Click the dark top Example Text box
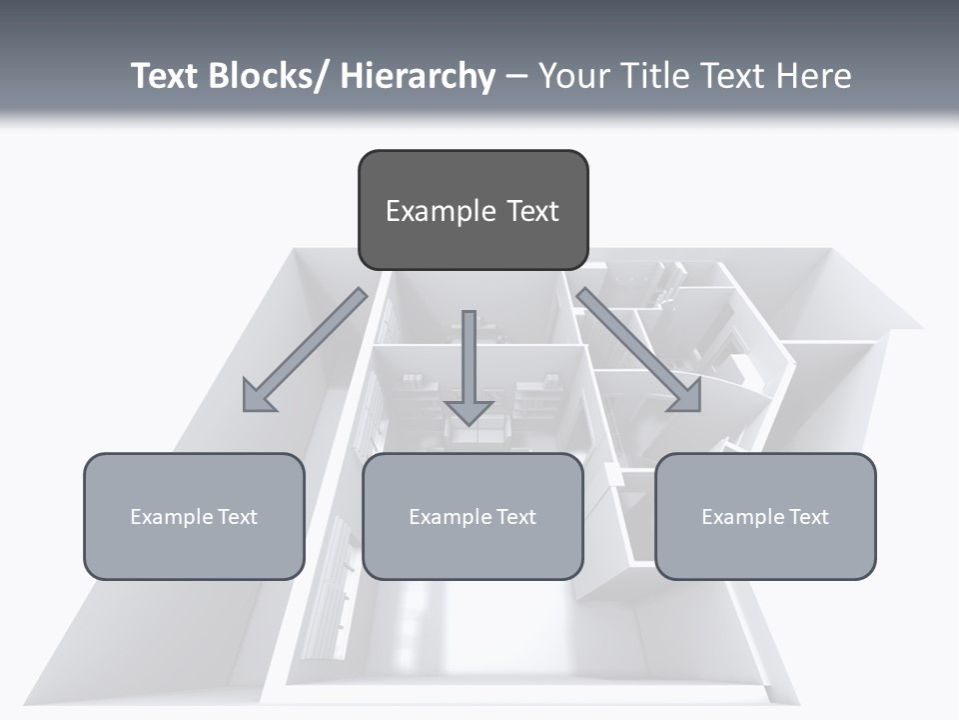473,210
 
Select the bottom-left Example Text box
194,516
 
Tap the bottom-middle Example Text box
473,516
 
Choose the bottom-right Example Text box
765,516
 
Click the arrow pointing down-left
310,346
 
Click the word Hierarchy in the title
418,76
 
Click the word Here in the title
815,76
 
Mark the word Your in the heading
572,76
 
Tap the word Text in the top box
532,211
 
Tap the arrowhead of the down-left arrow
258,396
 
